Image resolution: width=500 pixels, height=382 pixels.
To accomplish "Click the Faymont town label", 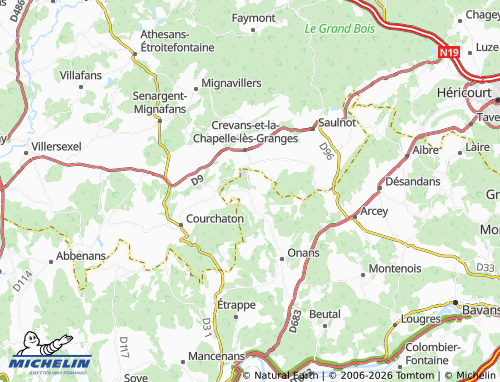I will (x=254, y=17).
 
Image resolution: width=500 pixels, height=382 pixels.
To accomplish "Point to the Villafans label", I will (x=82, y=74).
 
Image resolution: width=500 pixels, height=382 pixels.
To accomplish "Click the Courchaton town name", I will (x=214, y=219).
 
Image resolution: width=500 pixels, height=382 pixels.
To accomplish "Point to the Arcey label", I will (x=374, y=211).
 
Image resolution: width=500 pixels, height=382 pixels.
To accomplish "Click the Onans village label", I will (x=303, y=253).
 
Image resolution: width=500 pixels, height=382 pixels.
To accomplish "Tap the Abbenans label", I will (x=81, y=255).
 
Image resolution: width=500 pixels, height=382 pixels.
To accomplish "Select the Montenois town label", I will (x=395, y=268).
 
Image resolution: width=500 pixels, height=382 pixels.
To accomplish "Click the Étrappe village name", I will (x=237, y=304).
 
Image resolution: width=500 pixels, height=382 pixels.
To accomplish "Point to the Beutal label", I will (x=325, y=314).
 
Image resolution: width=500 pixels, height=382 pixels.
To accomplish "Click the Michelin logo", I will (x=49, y=363).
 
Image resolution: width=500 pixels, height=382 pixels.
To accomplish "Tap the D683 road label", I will (x=293, y=320).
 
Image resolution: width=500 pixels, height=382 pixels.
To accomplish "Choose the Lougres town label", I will (x=420, y=319).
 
